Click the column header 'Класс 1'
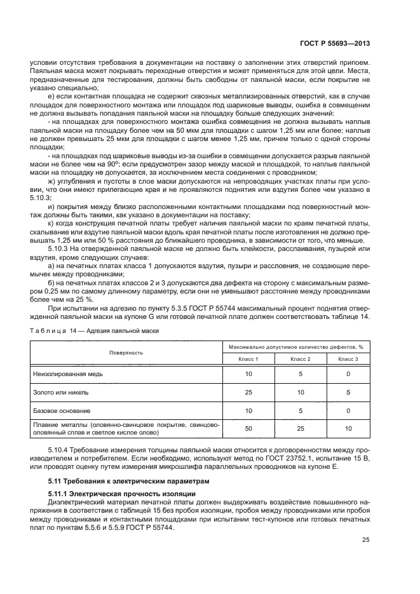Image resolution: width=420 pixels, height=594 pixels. coord(248,359)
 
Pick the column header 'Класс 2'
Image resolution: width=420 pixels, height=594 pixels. coord(300,359)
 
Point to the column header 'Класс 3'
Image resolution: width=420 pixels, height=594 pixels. coord(348,359)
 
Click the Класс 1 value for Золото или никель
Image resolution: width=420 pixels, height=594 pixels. coord(248,393)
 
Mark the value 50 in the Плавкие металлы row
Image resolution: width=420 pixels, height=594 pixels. coord(248,429)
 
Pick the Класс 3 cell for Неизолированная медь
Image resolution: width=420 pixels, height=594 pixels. coord(348,375)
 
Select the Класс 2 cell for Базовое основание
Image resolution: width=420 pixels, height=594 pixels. coord(300,410)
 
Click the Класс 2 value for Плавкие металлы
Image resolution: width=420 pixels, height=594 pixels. coord(300,429)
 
